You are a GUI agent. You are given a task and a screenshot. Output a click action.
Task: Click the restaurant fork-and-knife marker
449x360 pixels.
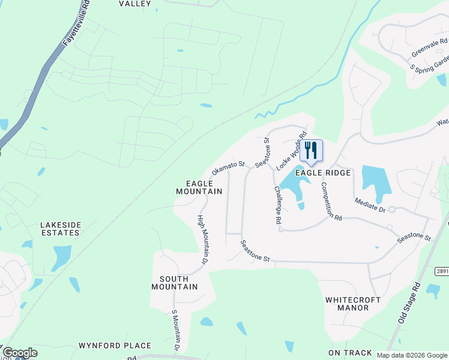pyautogui.click(x=311, y=150)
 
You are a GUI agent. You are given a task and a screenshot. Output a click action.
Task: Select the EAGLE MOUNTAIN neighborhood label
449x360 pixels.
pyautogui.click(x=199, y=187)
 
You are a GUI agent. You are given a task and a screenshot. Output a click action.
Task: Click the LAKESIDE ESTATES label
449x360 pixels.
pyautogui.click(x=60, y=229)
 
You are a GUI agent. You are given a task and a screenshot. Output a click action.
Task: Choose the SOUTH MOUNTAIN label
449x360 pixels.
pyautogui.click(x=178, y=283)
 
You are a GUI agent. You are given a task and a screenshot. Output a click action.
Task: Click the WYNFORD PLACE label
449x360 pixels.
pyautogui.click(x=115, y=346)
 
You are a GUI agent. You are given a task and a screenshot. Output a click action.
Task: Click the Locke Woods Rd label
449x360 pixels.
pyautogui.click(x=292, y=149)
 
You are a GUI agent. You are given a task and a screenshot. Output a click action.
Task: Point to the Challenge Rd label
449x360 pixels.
pyautogui.click(x=278, y=205)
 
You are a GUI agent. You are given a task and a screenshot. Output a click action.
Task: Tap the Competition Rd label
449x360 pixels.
pyautogui.click(x=331, y=202)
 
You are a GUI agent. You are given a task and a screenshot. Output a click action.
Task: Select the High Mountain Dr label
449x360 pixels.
pyautogui.click(x=202, y=240)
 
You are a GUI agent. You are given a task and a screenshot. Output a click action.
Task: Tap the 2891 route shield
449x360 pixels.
pyautogui.click(x=441, y=271)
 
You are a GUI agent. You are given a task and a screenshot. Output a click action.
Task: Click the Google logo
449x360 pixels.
pyautogui.click(x=19, y=353)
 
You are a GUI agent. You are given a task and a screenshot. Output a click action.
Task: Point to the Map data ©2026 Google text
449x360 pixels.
pyautogui.click(x=411, y=355)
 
